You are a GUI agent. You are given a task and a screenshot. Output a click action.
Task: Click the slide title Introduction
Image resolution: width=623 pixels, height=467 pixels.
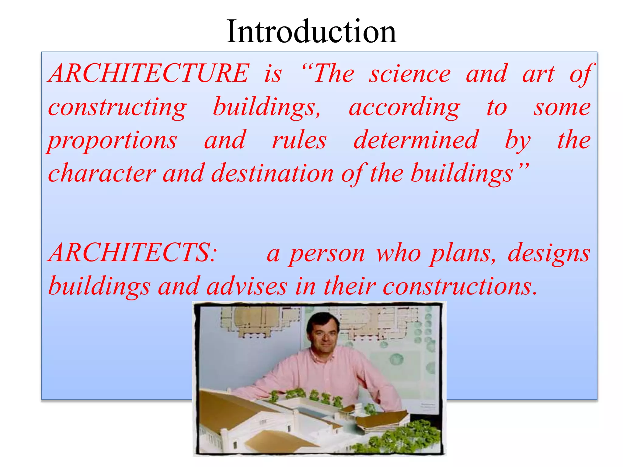311,32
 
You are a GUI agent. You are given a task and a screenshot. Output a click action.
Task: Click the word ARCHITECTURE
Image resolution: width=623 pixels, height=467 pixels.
149,74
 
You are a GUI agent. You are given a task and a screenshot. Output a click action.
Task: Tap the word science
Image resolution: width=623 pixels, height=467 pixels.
410,74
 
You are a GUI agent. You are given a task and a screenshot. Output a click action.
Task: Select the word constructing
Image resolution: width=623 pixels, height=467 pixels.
117,108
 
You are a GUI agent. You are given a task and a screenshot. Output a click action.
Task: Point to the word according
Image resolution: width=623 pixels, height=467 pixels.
405,108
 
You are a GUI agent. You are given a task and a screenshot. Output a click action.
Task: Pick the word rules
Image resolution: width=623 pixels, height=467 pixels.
299,140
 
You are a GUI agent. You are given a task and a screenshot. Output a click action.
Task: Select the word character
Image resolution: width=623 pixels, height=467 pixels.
102,173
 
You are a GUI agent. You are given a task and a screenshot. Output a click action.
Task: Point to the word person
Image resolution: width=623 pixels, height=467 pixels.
327,254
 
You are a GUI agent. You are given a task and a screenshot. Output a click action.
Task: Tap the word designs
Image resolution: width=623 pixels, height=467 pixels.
549,254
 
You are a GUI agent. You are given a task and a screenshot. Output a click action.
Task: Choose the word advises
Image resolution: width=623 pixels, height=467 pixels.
247,286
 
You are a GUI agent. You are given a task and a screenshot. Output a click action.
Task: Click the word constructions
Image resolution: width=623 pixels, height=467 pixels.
459,286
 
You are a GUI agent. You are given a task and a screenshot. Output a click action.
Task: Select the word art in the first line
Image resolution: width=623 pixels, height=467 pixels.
538,74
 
